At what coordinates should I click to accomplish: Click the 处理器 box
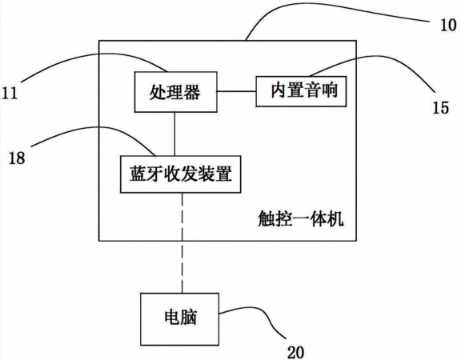click(x=176, y=92)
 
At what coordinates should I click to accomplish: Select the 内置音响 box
click(x=301, y=91)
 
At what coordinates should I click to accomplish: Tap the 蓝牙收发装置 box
click(x=181, y=174)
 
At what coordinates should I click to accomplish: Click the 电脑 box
click(x=179, y=319)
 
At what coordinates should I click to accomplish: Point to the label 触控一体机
click(x=301, y=219)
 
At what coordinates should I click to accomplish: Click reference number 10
click(x=448, y=26)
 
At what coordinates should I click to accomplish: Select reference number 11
click(x=10, y=93)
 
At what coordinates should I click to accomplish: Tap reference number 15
click(x=440, y=107)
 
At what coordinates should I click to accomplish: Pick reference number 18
click(x=17, y=158)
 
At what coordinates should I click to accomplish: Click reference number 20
click(x=295, y=352)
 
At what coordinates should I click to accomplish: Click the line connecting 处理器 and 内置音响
click(x=237, y=91)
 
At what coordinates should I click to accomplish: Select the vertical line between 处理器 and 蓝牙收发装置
click(x=175, y=134)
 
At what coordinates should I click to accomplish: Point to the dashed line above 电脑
click(x=182, y=243)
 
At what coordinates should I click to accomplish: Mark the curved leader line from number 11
click(x=97, y=54)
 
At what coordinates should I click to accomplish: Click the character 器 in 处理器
click(x=192, y=92)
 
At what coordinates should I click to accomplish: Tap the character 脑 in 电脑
click(x=188, y=318)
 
